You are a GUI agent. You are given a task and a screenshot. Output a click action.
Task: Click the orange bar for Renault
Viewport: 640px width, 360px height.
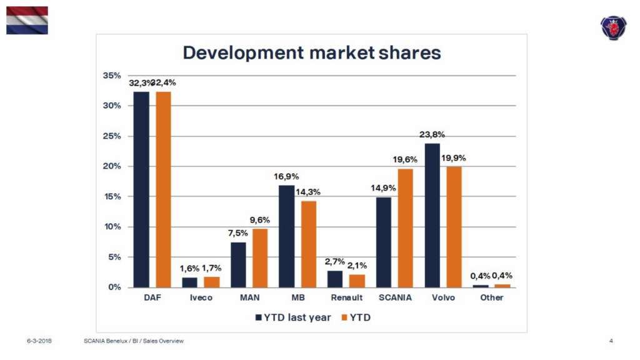click(x=356, y=281)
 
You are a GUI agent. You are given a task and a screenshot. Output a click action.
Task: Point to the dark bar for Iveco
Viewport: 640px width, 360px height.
click(x=189, y=282)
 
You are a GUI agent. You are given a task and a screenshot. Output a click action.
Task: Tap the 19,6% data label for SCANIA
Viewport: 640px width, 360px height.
click(x=405, y=160)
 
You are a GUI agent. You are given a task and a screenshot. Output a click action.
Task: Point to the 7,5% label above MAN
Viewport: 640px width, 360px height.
click(x=237, y=233)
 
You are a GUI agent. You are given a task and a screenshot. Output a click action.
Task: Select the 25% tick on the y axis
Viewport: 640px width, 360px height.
click(x=112, y=136)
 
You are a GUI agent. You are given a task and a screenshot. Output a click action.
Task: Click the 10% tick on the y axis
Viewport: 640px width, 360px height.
click(x=112, y=227)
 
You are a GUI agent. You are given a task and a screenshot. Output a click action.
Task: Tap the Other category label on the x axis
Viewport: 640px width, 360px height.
click(x=492, y=297)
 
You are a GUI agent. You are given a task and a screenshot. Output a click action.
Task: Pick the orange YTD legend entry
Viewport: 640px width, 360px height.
click(x=357, y=317)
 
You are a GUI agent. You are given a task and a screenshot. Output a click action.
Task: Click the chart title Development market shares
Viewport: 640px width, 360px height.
click(x=311, y=52)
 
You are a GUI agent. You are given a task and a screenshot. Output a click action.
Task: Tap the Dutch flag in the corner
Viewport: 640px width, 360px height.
click(x=27, y=20)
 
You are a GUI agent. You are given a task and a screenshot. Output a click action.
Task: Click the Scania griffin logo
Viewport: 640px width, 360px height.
click(x=612, y=27)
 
